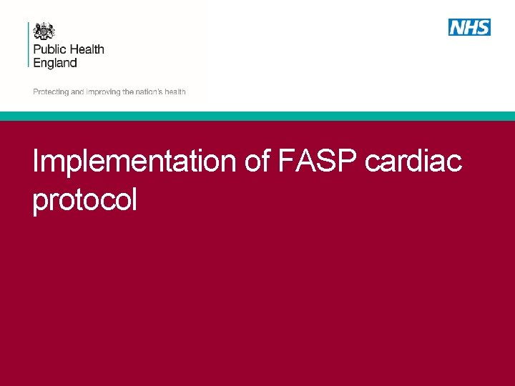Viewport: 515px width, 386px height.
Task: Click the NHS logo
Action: (469, 28)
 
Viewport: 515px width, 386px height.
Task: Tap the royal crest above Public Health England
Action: (44, 31)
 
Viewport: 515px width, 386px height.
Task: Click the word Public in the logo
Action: (49, 50)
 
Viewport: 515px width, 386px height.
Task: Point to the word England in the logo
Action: (55, 63)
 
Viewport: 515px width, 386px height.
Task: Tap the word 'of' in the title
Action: (257, 162)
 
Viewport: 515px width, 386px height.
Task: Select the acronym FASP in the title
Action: (317, 162)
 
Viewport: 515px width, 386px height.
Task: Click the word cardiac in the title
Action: (413, 162)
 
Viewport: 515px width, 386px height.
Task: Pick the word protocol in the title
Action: (84, 200)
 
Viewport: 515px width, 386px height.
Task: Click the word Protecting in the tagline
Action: (50, 92)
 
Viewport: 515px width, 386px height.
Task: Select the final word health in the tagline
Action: (176, 92)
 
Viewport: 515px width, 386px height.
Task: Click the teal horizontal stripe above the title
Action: (257, 116)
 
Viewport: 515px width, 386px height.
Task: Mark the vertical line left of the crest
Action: (29, 44)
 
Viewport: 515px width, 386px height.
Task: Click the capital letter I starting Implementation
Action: (36, 162)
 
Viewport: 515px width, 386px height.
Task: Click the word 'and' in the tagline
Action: (77, 92)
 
